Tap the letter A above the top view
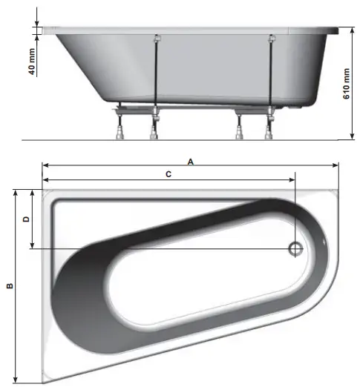(190, 161)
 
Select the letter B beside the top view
(9, 285)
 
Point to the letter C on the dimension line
(168, 174)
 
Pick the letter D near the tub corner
(27, 219)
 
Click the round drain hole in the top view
(295, 249)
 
